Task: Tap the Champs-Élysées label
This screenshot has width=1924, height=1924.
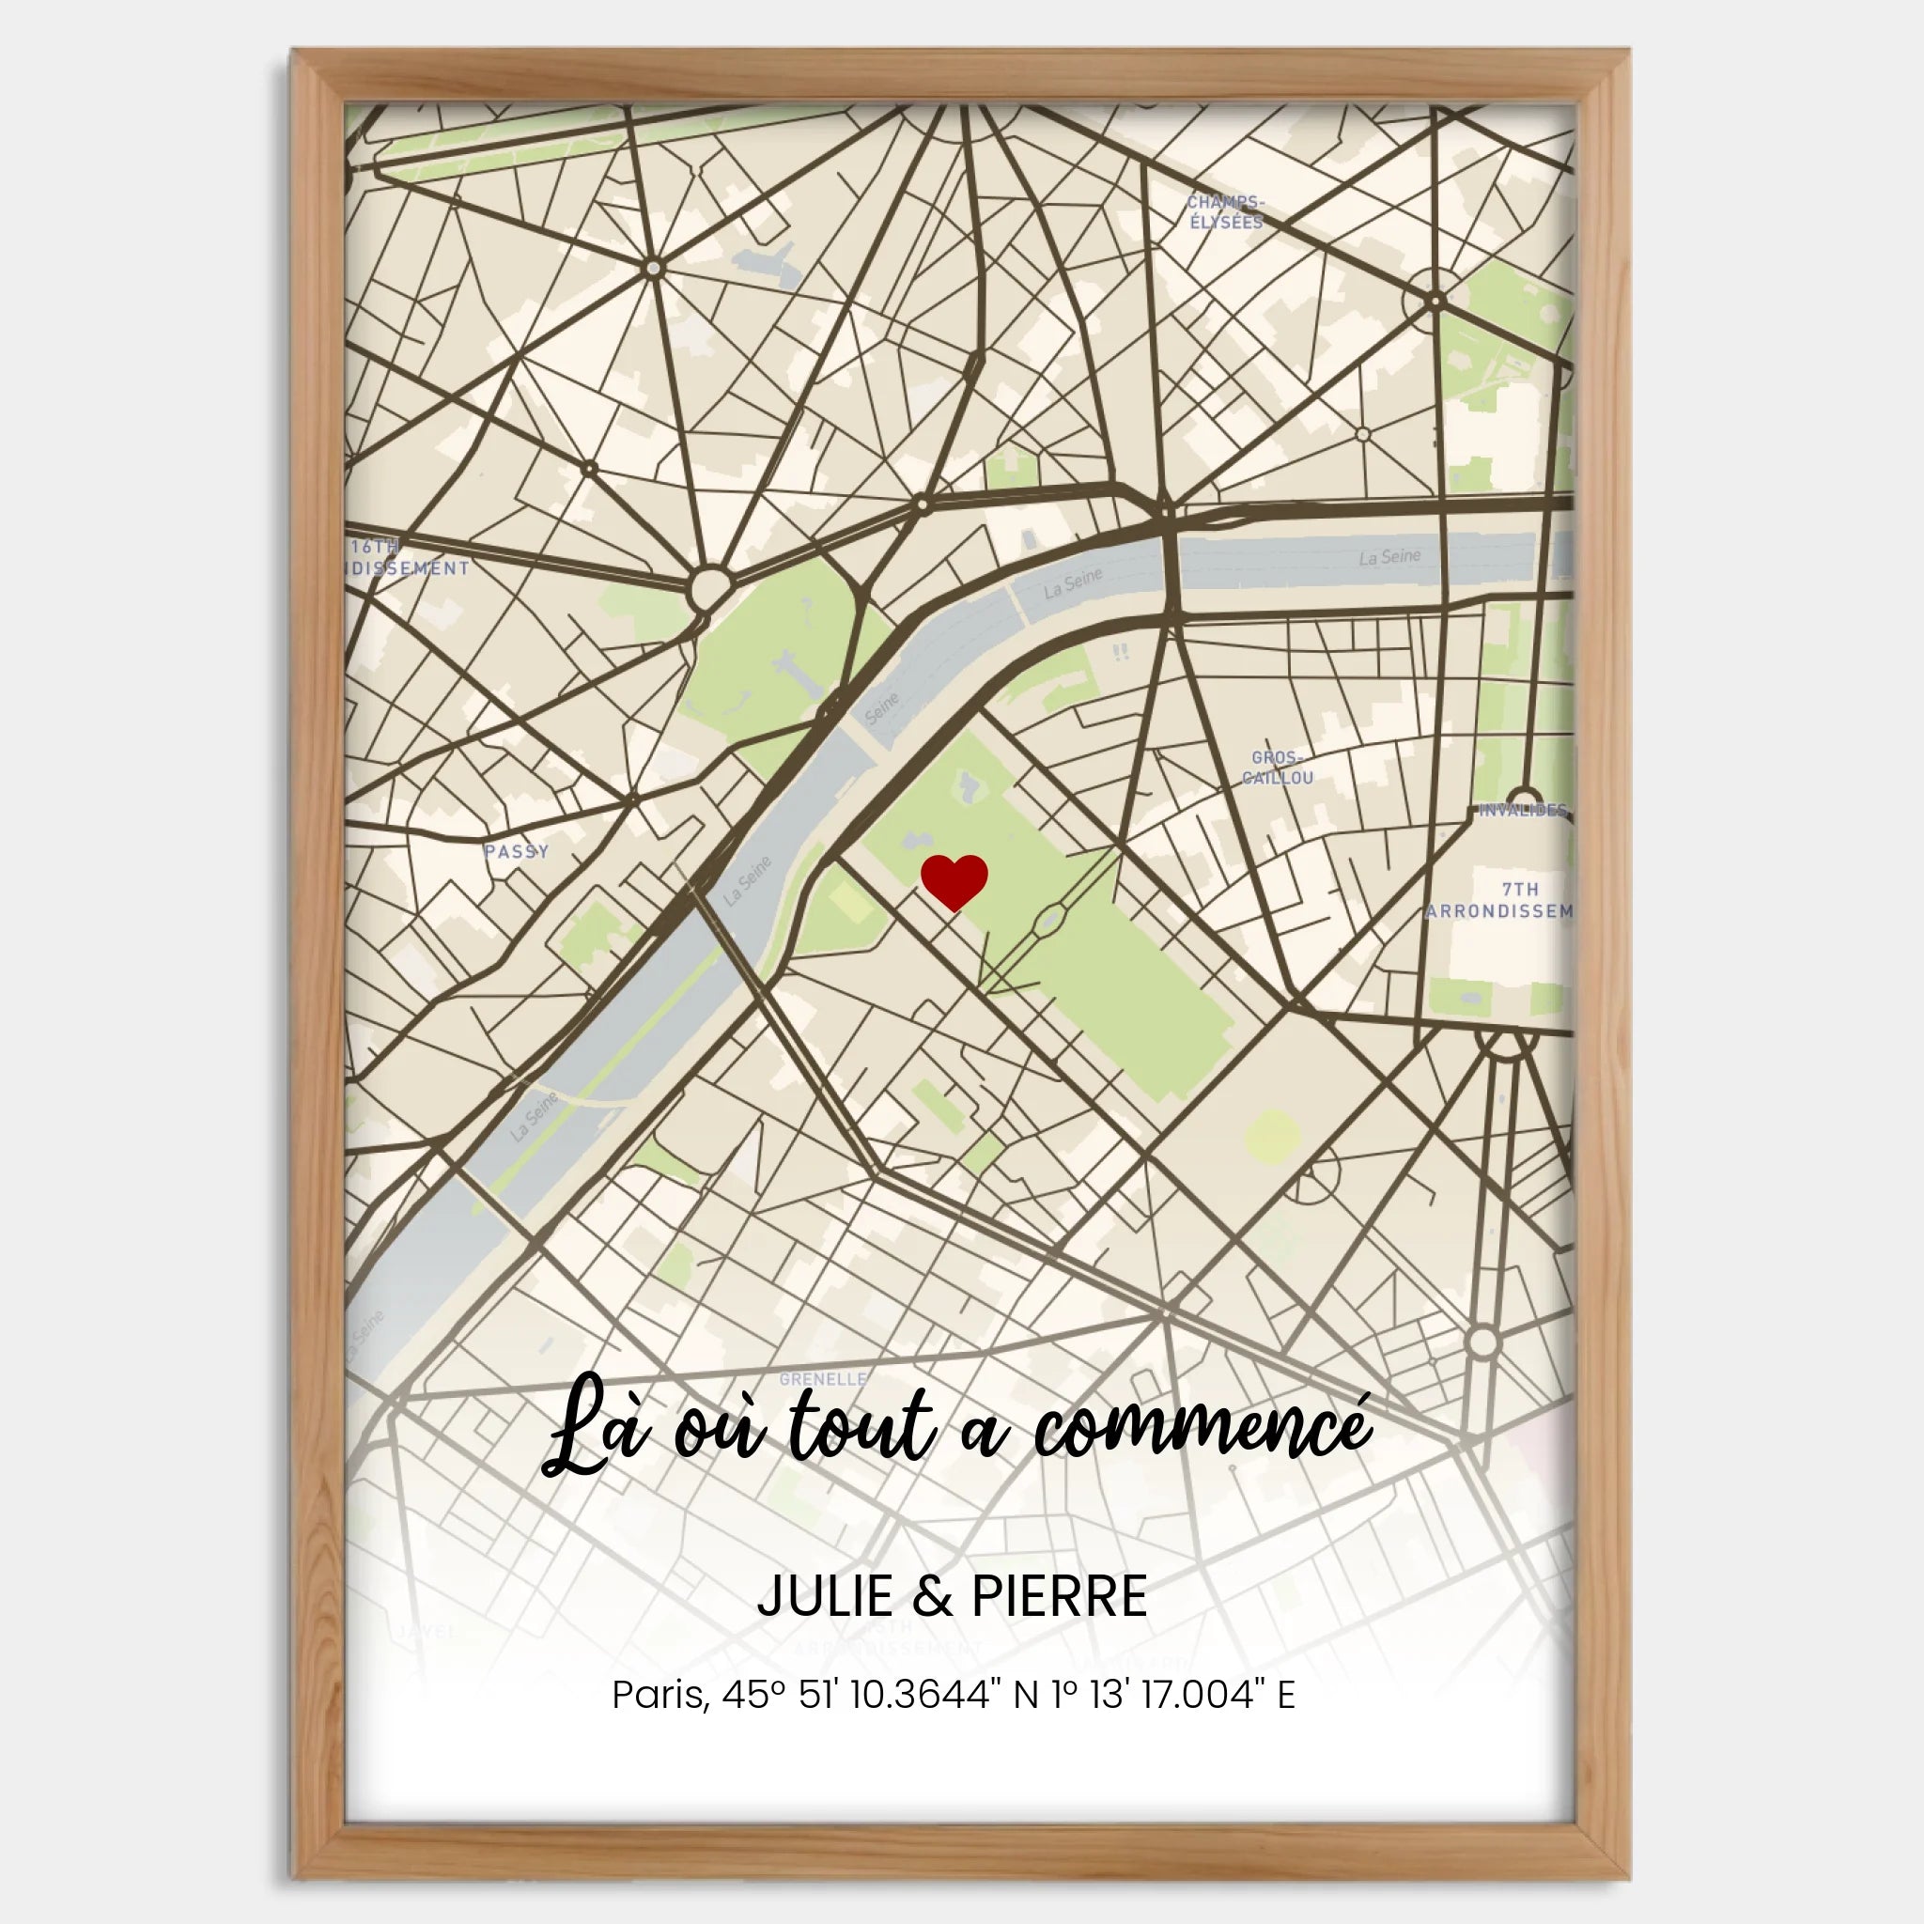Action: click(1226, 212)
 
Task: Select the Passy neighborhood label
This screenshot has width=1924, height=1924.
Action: click(516, 851)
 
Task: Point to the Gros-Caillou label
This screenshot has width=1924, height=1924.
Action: click(1277, 768)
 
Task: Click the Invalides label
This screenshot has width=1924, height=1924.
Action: click(1523, 810)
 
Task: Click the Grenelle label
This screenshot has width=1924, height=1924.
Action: click(823, 1379)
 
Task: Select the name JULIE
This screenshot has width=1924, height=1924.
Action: click(825, 1596)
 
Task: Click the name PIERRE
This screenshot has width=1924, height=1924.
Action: click(1059, 1596)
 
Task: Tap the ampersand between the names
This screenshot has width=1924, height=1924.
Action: click(932, 1596)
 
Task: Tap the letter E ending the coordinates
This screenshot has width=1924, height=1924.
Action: click(1286, 1695)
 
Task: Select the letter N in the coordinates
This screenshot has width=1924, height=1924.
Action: click(1026, 1695)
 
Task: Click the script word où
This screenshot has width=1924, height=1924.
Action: click(719, 1432)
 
